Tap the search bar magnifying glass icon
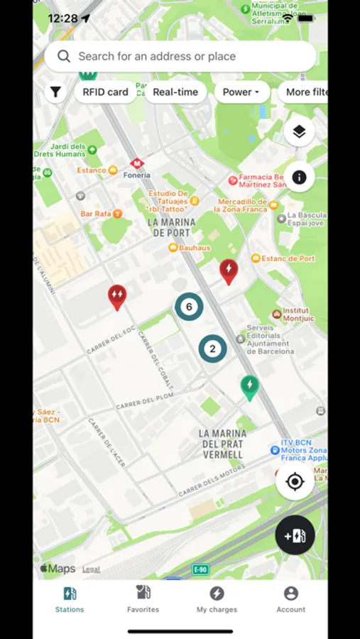pos(64,56)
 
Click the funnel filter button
pos(55,92)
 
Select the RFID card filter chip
pos(105,92)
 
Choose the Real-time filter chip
pos(175,92)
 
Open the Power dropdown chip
pos(241,92)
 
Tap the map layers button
pos(299,131)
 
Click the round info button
pos(299,177)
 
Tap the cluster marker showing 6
pos(189,307)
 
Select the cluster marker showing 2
pos(212,349)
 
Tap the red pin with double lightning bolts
pos(117,295)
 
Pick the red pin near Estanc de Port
pos(228,270)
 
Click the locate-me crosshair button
pos(295,482)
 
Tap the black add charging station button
pos(295,535)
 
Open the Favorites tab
pos(143,599)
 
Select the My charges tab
pos(217,599)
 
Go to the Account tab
pos(291,599)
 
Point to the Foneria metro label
pos(137,175)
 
